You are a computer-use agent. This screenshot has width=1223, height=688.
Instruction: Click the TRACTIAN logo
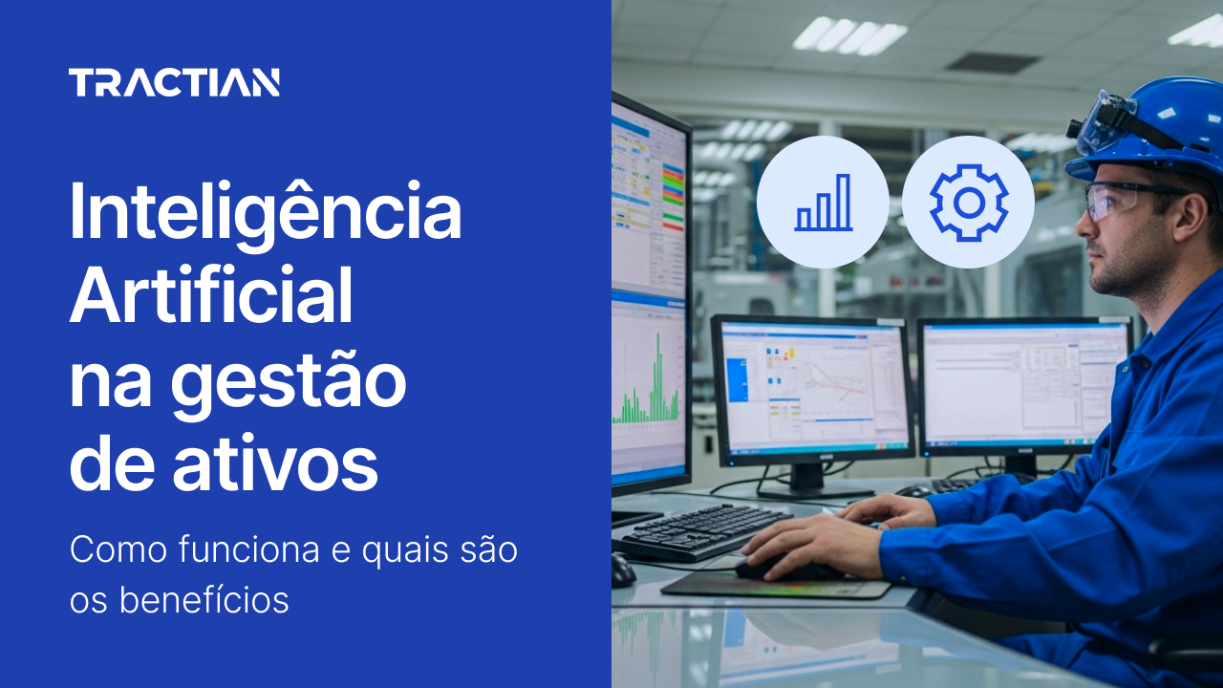tap(174, 83)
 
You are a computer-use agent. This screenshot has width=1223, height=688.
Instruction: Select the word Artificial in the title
tap(211, 296)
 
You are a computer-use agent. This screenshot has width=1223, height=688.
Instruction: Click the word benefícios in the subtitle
tap(204, 600)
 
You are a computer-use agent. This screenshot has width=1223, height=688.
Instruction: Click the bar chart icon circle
tap(822, 202)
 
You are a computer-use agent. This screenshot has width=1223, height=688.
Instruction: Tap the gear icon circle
tap(968, 202)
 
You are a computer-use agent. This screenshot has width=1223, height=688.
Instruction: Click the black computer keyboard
tap(702, 530)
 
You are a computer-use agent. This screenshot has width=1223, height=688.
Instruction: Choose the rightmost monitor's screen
tap(1022, 382)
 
